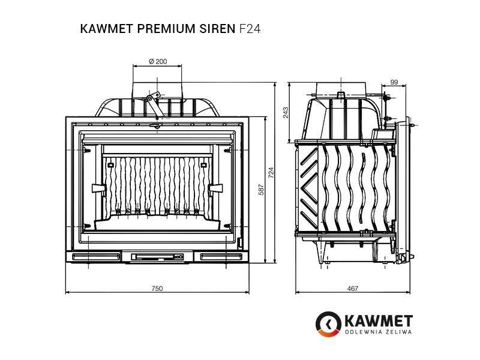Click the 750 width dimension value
pos(157,288)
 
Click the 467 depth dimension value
pos(352,288)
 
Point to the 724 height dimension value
pos(271,173)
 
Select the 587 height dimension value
pos(261,190)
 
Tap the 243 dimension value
pos(286,112)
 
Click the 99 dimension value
pos(394,82)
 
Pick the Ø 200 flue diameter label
pos(158,61)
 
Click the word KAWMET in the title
pos(107,29)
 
